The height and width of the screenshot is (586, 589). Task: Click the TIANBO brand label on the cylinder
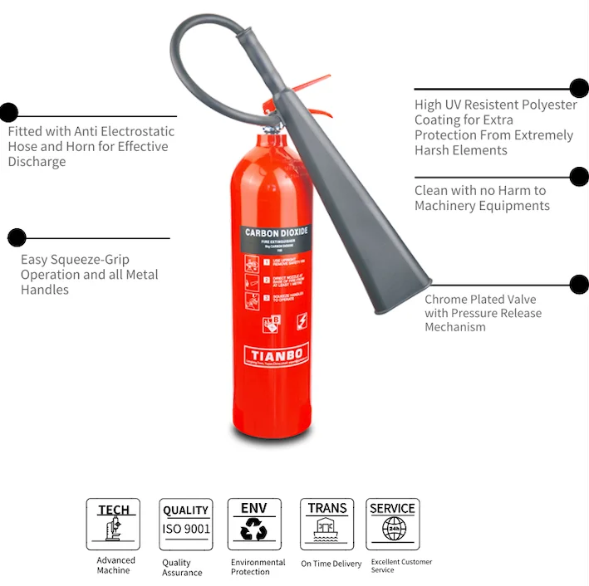tap(276, 354)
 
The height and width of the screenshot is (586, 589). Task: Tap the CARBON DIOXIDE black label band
tap(276, 234)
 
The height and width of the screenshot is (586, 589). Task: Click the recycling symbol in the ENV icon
tap(253, 530)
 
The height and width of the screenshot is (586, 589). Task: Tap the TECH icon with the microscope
tap(113, 524)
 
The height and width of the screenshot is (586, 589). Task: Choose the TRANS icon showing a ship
tap(327, 524)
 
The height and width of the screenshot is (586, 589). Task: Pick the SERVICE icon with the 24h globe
tap(392, 524)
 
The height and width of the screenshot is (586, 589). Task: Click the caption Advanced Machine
tap(113, 565)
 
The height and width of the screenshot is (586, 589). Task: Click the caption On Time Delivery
tap(331, 564)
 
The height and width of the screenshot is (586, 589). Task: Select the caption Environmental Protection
tap(258, 567)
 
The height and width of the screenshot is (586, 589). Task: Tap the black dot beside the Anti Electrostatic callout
tap(8, 112)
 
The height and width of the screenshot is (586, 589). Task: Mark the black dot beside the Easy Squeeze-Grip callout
tap(17, 237)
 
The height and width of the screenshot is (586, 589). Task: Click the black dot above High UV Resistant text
tap(579, 88)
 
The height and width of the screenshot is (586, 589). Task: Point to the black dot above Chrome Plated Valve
tap(579, 285)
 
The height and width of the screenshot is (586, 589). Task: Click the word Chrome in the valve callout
tap(447, 300)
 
